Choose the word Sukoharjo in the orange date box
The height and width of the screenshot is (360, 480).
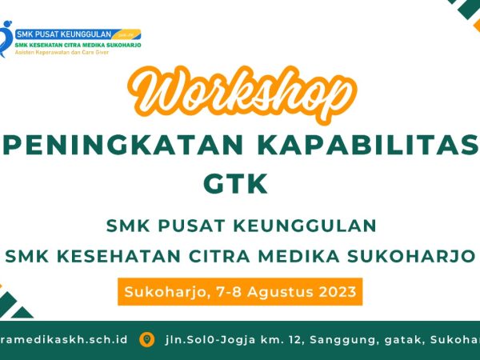[159, 291]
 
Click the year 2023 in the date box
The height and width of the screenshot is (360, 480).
[335, 291]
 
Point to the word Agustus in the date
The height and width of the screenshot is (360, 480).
[276, 291]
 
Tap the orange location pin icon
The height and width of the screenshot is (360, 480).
[146, 339]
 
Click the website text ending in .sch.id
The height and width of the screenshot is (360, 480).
[64, 339]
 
